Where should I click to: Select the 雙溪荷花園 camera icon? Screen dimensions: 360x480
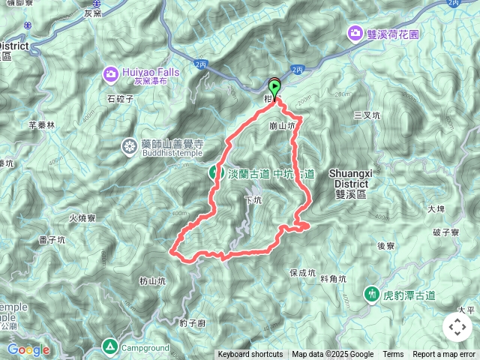coord(354,32)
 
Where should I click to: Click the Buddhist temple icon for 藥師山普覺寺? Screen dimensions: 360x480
coord(130,147)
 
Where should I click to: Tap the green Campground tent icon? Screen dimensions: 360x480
coord(110,346)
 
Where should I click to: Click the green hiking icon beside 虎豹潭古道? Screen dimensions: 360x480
coord(371,293)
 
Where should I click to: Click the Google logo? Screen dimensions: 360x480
coord(28,349)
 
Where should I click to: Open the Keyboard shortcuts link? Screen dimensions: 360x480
coord(250,355)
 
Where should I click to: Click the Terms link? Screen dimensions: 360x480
coord(393,355)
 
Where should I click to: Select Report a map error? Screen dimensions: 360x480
coord(444,355)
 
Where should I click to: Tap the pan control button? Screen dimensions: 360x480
coord(457,327)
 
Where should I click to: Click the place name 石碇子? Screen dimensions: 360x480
coord(120,98)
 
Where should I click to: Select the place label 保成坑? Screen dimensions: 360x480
coord(304,273)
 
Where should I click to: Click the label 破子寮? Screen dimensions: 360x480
coord(445,233)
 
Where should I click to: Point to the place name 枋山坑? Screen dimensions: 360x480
coord(152,280)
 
